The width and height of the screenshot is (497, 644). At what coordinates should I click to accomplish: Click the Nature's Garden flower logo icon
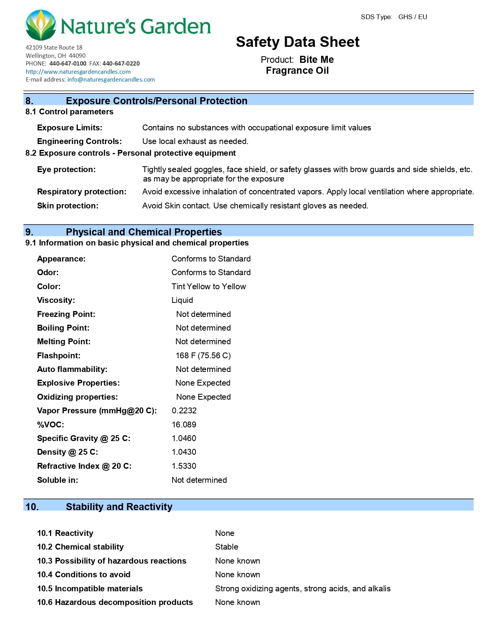(41, 25)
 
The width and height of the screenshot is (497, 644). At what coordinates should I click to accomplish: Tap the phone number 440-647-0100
(68, 64)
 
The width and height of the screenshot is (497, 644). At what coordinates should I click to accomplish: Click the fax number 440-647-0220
(121, 64)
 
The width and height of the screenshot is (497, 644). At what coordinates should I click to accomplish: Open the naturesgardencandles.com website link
(78, 72)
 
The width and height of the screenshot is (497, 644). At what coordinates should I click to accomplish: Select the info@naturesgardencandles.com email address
(111, 80)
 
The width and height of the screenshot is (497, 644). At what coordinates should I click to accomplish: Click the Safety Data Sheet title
(297, 42)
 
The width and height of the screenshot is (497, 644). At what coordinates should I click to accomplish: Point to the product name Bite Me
(317, 60)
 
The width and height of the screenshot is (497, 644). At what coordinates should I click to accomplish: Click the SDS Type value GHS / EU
(412, 17)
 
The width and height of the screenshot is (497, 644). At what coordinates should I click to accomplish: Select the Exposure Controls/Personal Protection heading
(156, 101)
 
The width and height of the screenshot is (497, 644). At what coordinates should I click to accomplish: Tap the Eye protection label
(66, 169)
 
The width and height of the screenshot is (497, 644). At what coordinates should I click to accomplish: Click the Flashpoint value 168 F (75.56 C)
(203, 356)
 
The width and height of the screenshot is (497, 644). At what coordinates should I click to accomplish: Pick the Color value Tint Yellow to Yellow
(209, 286)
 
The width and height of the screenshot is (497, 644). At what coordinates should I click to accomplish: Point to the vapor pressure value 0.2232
(184, 411)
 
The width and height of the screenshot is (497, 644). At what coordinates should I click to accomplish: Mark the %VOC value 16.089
(184, 425)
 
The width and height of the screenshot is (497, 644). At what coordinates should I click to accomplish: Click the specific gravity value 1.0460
(184, 438)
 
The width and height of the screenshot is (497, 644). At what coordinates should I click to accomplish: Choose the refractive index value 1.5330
(184, 466)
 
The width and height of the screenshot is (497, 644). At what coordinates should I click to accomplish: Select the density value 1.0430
(184, 452)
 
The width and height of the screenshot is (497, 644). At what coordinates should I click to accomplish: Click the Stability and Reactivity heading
(119, 507)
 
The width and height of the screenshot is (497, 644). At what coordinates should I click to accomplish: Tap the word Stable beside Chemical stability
(226, 547)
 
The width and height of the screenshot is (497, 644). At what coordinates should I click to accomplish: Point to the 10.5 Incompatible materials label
(90, 589)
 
